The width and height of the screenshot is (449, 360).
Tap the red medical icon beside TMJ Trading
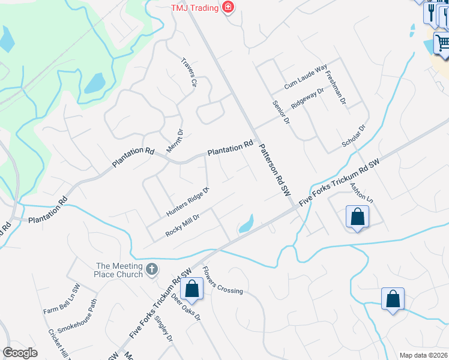pyautogui.click(x=228, y=7)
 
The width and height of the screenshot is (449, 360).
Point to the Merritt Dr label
pyautogui.click(x=179, y=141)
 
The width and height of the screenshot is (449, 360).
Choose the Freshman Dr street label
pyautogui.click(x=336, y=89)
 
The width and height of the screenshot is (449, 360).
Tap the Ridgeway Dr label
pyautogui.click(x=307, y=98)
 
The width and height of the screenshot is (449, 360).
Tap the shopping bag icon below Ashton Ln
pyautogui.click(x=357, y=217)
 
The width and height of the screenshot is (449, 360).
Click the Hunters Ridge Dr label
pyautogui.click(x=187, y=202)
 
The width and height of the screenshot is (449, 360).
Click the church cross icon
pyautogui.click(x=152, y=269)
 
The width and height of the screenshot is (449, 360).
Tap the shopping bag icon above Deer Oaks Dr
pyautogui.click(x=192, y=288)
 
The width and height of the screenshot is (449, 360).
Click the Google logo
pyautogui.click(x=20, y=352)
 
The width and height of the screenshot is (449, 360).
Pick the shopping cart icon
pyautogui.click(x=442, y=43)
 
